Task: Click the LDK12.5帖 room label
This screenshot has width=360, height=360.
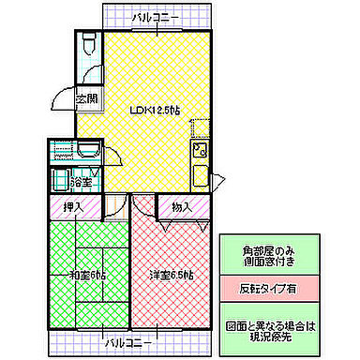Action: click(x=155, y=110)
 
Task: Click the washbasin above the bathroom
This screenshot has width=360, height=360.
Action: click(x=88, y=150)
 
